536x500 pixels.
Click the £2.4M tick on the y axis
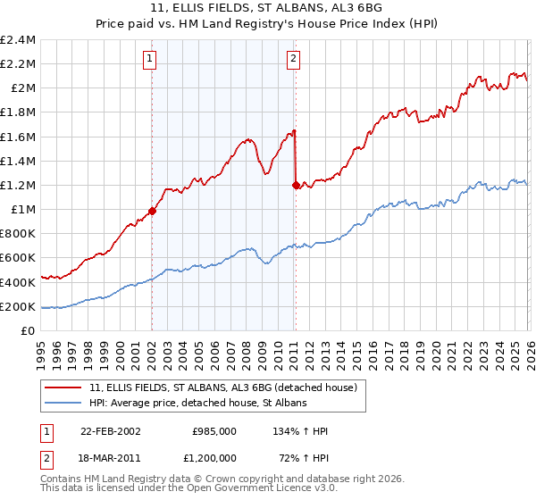[18, 40]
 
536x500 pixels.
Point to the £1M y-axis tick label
[22, 210]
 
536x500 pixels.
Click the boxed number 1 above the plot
[151, 60]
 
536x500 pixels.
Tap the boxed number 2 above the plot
[293, 60]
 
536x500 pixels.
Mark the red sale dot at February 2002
[152, 212]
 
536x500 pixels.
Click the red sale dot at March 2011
[295, 186]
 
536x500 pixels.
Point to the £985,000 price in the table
[214, 431]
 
